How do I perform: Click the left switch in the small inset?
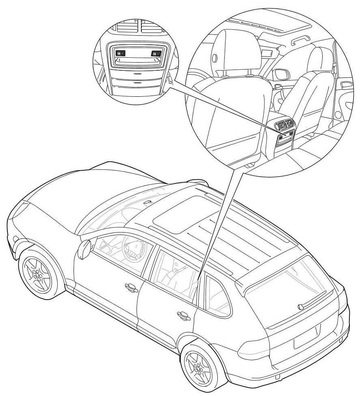point(120,52)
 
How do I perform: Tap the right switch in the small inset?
point(155,53)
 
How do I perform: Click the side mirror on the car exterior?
point(84,249)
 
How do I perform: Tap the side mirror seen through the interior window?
point(282,75)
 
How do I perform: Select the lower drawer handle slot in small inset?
point(137,83)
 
